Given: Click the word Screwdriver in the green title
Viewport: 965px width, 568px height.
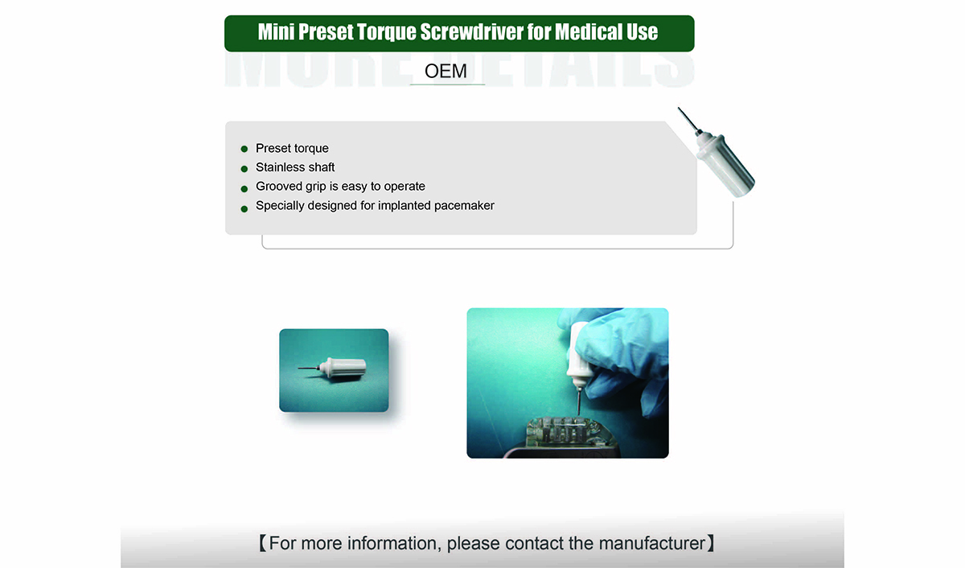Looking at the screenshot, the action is tap(471, 32).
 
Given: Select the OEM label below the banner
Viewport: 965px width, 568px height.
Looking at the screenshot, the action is tap(446, 71).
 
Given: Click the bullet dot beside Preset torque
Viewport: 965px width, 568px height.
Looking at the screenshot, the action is tap(244, 149).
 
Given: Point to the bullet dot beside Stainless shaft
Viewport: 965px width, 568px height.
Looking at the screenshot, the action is tap(244, 168).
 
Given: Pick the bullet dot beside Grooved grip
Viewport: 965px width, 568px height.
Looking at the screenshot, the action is tap(244, 189).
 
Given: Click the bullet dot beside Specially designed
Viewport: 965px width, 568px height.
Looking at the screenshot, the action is tap(244, 209).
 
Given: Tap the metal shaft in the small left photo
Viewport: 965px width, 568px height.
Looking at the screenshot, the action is tap(309, 368).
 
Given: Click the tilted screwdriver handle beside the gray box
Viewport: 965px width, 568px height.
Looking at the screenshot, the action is tap(725, 166).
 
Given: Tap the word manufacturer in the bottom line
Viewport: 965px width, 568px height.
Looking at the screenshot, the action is tap(652, 543).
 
